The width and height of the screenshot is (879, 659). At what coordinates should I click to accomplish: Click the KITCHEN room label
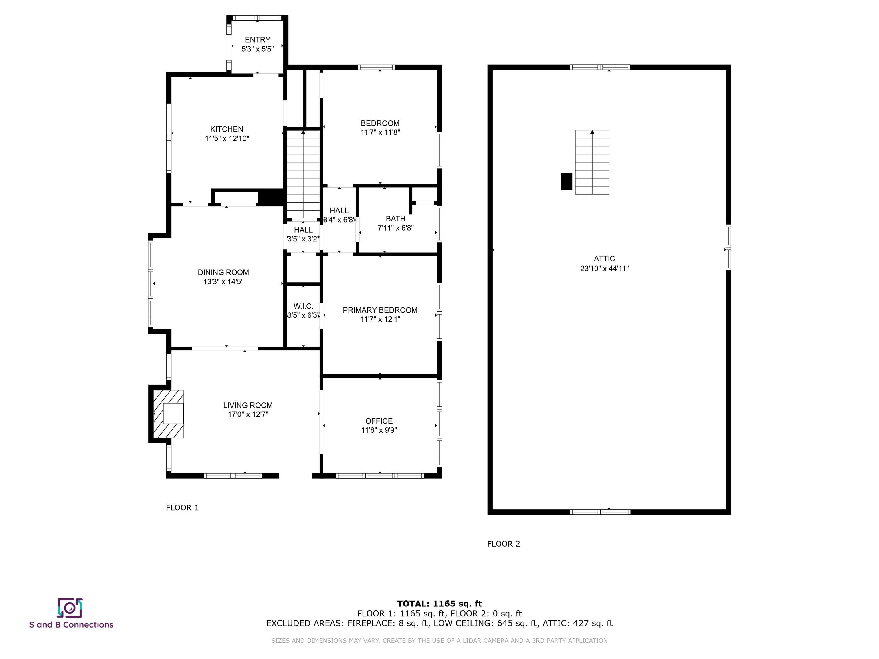[x=227, y=129]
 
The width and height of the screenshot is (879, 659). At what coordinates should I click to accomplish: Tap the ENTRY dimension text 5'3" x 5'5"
[x=258, y=49]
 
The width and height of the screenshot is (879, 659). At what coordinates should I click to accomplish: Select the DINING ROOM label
[x=223, y=273]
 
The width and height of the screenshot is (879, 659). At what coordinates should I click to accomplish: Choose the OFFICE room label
[x=379, y=421]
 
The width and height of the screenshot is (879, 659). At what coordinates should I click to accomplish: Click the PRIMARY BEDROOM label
[x=380, y=310]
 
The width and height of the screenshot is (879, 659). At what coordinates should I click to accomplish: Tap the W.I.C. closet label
[x=303, y=306]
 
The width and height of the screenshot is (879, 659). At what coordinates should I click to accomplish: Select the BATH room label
[x=395, y=219]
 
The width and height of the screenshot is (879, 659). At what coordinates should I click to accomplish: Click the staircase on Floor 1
[x=303, y=175]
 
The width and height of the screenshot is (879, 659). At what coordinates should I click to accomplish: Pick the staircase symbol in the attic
[x=592, y=162]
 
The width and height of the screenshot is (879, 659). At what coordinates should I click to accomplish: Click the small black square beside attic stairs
[x=566, y=182]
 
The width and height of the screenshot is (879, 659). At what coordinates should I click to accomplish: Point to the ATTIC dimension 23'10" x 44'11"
[x=604, y=269]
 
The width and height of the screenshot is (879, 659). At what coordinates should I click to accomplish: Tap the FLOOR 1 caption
[x=182, y=508]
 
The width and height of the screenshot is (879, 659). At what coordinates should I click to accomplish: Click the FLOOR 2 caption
[x=504, y=544]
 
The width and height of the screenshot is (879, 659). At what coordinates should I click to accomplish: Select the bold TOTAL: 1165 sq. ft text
[x=439, y=604]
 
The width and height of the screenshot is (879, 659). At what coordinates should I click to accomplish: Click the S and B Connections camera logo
[x=70, y=608]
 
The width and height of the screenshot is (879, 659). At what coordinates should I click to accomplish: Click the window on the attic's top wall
[x=600, y=67]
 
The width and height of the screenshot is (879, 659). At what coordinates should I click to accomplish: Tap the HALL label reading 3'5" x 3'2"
[x=303, y=239]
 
